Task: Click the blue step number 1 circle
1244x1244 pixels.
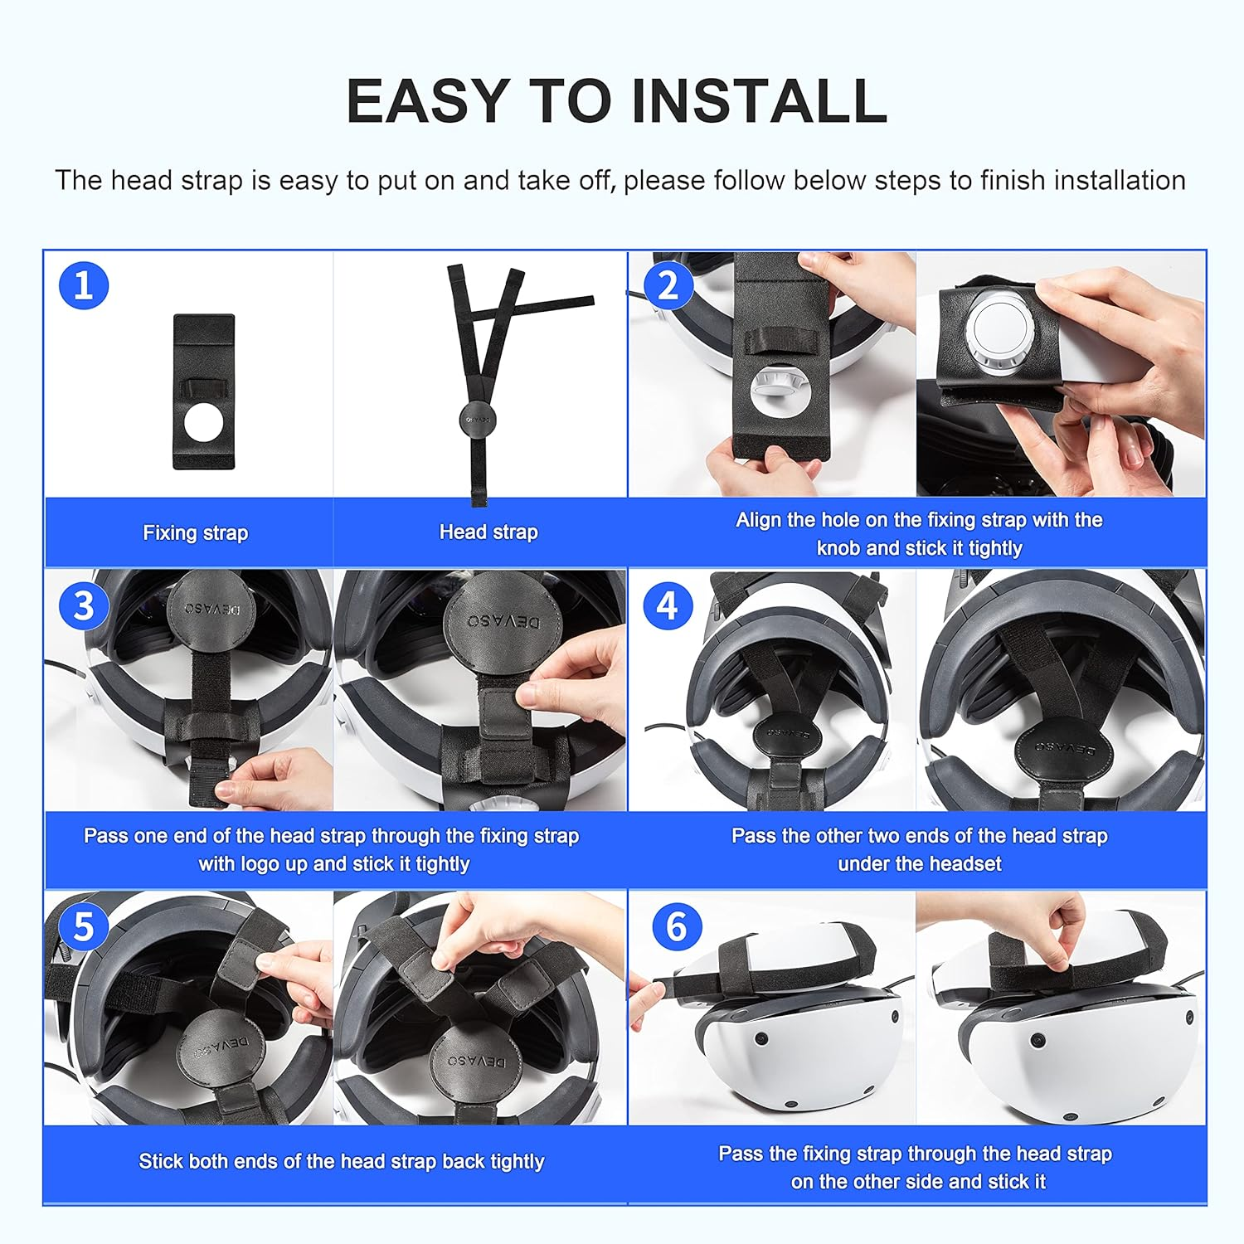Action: click(x=84, y=285)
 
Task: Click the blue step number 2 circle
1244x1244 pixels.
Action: click(x=668, y=285)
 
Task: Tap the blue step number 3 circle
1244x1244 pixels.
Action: click(x=84, y=605)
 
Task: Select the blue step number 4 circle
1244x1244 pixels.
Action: click(x=668, y=605)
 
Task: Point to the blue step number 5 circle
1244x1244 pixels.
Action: click(x=84, y=926)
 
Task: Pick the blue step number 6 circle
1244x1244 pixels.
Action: click(x=677, y=926)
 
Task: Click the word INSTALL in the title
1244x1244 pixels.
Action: click(x=759, y=101)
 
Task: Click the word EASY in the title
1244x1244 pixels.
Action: click(x=427, y=101)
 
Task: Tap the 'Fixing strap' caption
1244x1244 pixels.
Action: click(x=195, y=532)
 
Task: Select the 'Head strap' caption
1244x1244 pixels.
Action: click(x=488, y=532)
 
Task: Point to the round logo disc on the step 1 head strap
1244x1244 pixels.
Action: click(x=478, y=420)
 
